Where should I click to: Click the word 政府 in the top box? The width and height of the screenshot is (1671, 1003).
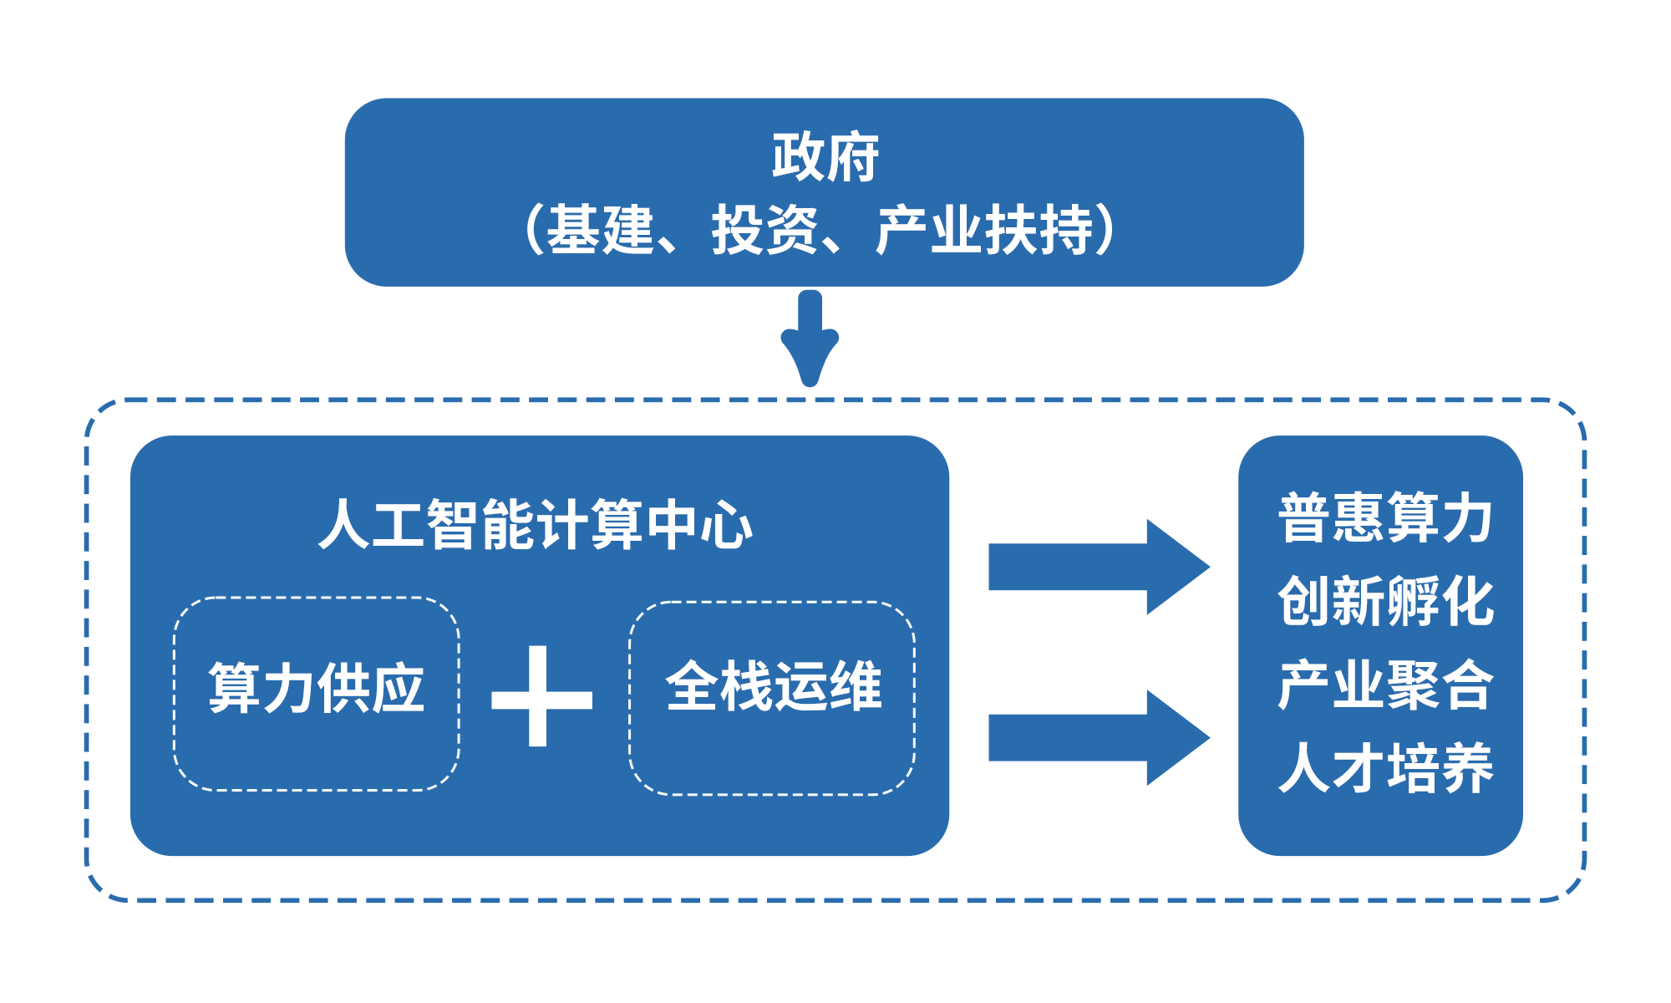tap(825, 157)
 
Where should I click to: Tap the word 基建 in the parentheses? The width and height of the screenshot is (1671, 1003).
tap(600, 230)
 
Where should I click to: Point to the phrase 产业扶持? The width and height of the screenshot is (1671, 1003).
tap(984, 230)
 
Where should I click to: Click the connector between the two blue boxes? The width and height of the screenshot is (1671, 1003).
tap(809, 339)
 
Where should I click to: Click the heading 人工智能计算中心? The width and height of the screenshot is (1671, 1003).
tap(536, 525)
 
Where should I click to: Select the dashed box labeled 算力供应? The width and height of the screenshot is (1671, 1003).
tap(316, 693)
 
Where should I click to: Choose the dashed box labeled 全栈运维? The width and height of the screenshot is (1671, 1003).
tap(772, 697)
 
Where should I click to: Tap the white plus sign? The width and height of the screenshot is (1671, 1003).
tap(541, 696)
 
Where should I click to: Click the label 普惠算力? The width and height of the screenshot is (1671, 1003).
tap(1385, 518)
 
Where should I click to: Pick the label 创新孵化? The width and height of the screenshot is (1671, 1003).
tap(1385, 601)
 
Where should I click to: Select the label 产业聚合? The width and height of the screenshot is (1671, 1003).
tap(1385, 685)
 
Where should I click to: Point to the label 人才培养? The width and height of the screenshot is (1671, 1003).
tap(1385, 768)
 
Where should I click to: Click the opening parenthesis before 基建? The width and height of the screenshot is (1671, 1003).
tap(532, 230)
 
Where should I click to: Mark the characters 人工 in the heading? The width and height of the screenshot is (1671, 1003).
tap(372, 525)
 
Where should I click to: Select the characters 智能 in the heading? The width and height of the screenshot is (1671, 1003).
tap(480, 525)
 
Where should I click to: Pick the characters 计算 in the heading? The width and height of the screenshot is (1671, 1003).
tap(590, 525)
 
